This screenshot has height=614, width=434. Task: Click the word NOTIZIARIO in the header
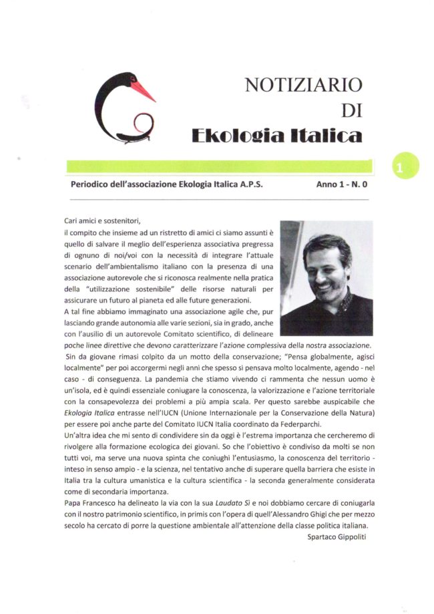pos(304,85)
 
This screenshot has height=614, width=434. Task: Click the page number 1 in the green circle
pos(400,167)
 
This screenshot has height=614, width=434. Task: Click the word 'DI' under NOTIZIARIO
pos(351,110)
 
